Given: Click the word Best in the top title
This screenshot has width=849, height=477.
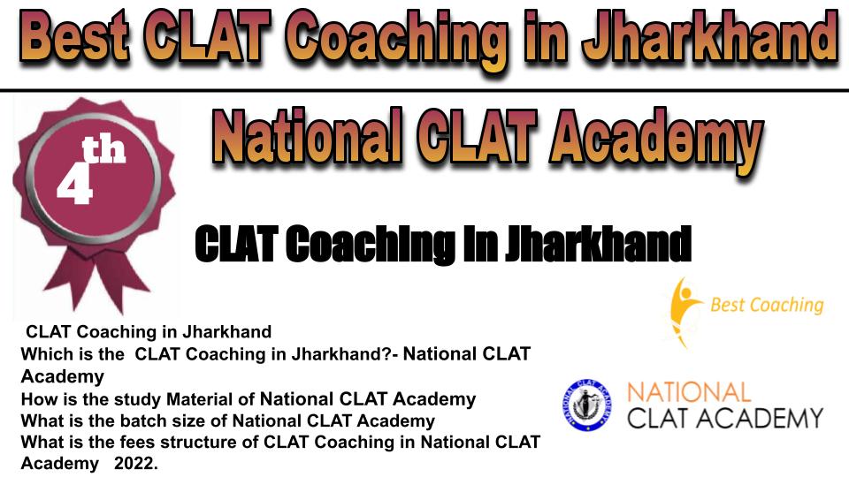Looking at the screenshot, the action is point(78,37).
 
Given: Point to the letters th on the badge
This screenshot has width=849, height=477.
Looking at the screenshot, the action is point(103,150).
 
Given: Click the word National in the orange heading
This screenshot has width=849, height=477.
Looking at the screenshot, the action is point(308,136).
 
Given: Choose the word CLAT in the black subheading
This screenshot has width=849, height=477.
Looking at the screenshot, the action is point(237,245).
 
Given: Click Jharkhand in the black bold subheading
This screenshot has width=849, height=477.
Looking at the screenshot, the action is point(599,245).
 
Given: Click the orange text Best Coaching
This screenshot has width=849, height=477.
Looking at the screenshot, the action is point(767,306).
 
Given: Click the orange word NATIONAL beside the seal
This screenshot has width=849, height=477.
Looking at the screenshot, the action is point(689,392).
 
